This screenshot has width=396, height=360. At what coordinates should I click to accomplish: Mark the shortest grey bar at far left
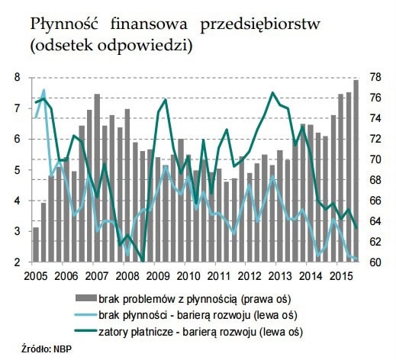click(x=35, y=245)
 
